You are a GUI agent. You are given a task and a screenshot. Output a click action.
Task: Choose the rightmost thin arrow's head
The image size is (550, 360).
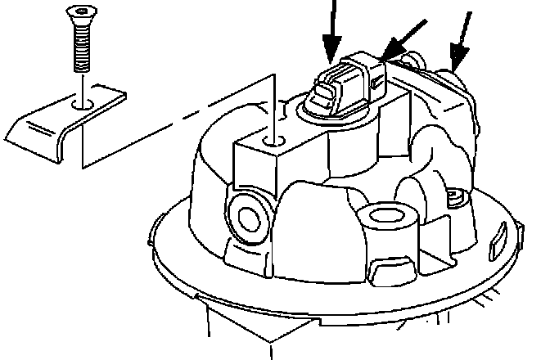(458, 57)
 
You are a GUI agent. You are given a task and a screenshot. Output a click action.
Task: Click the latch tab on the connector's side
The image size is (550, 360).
(377, 81)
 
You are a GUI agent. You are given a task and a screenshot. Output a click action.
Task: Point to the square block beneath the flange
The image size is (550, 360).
(262, 327)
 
